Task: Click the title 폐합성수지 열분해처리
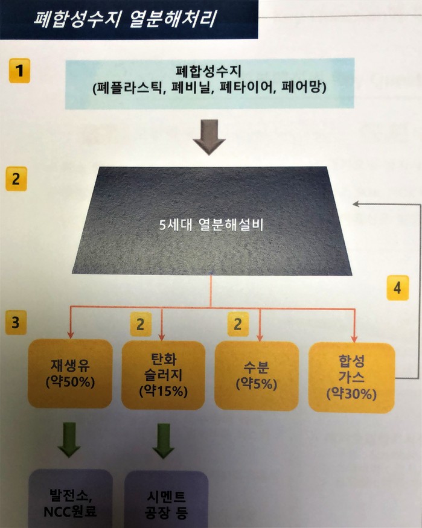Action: click(x=126, y=16)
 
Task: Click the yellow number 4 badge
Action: click(x=396, y=288)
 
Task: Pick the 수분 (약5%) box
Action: click(x=257, y=375)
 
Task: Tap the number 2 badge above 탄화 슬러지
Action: click(x=140, y=325)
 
